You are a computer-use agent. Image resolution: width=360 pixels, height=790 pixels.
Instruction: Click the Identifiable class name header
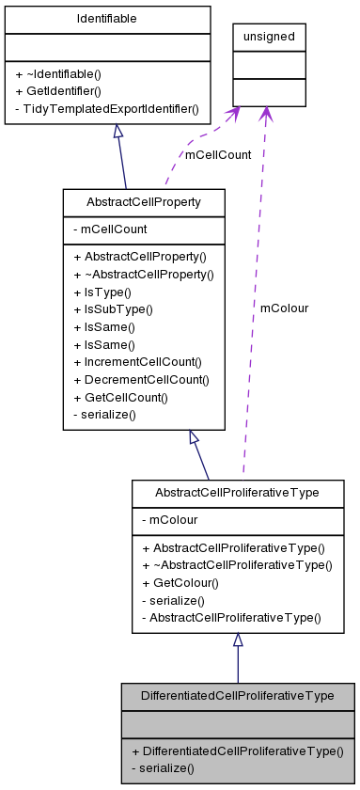tap(107, 20)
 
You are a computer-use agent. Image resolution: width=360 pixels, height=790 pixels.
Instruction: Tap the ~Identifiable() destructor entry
tap(58, 73)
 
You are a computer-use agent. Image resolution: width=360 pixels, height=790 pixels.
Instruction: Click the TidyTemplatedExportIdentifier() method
tap(107, 109)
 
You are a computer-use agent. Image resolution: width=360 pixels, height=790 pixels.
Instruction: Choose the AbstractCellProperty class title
tap(143, 202)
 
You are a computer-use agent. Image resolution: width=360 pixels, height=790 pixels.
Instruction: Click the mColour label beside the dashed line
tap(284, 308)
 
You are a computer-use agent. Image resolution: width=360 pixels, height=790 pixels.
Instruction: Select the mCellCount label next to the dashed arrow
tap(218, 154)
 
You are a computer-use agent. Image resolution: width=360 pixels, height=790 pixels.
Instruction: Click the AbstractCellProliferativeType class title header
tap(238, 493)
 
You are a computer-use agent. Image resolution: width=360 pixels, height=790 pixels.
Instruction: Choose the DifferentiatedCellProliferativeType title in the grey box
tap(237, 696)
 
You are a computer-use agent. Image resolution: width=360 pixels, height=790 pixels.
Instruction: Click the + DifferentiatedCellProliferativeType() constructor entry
tap(237, 751)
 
